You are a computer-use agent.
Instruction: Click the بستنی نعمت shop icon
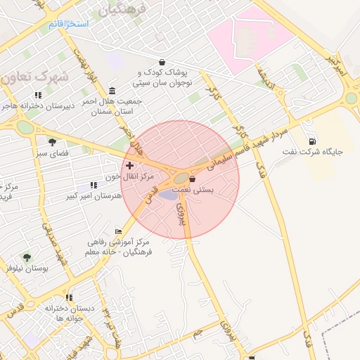(x=192, y=180)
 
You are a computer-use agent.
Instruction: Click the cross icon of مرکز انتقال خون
(x=129, y=165)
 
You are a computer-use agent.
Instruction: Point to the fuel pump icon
(x=311, y=141)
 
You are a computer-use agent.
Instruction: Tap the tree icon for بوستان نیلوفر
(x=27, y=258)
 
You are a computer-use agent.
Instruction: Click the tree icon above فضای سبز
(x=52, y=141)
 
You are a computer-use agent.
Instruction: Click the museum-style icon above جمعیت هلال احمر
(x=113, y=90)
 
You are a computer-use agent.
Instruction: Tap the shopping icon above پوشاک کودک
(x=162, y=62)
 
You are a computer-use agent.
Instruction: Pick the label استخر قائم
(x=69, y=25)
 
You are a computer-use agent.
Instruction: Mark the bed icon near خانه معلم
(x=118, y=231)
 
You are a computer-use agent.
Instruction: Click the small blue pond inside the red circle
(x=169, y=193)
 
